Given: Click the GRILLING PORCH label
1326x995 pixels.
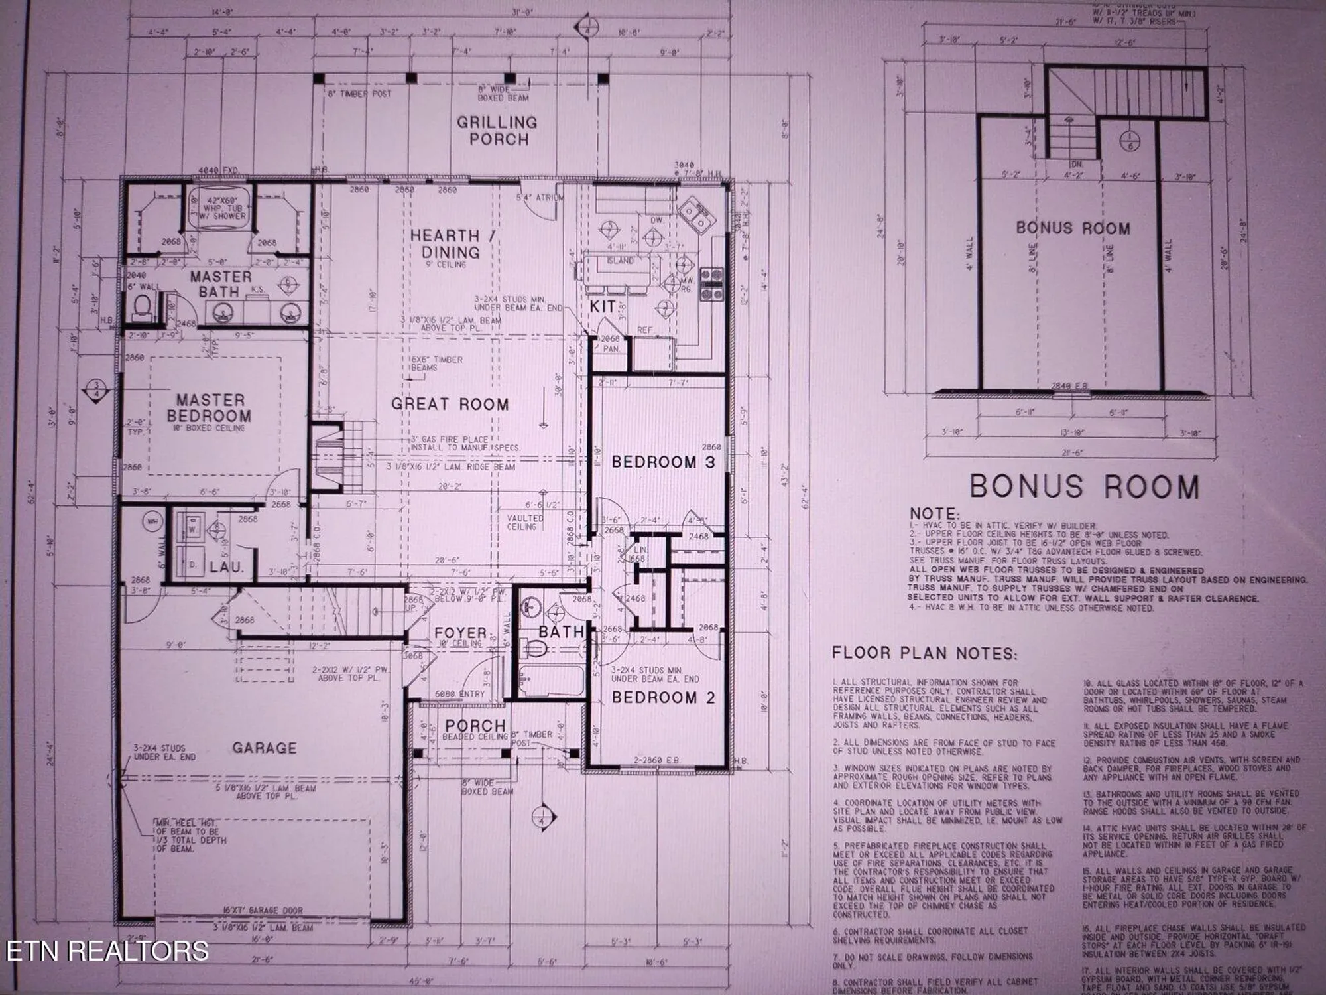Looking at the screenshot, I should coord(497,131).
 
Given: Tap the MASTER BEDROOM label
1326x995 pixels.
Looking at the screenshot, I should coord(210,408).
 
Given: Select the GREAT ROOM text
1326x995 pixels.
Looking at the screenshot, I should coord(450,404).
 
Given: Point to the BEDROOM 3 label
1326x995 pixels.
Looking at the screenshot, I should coord(663,462).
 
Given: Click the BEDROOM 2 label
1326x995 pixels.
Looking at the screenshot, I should coord(664,697).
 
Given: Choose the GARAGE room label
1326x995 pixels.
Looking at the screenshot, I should coord(264,748).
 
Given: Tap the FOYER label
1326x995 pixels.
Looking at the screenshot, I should coord(461,633).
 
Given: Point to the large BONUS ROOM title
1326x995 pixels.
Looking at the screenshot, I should coord(1084,486).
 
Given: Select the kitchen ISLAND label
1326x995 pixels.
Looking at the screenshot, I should coord(619,261).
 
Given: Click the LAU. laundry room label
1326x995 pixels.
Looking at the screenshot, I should coord(227,568).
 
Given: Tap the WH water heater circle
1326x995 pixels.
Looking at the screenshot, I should coord(152,522).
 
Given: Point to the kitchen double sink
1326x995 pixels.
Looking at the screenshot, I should coord(693,216).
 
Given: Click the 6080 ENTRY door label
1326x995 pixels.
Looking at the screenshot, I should coord(459,693).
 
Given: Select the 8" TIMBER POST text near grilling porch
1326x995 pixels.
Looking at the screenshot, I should coord(359,94).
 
